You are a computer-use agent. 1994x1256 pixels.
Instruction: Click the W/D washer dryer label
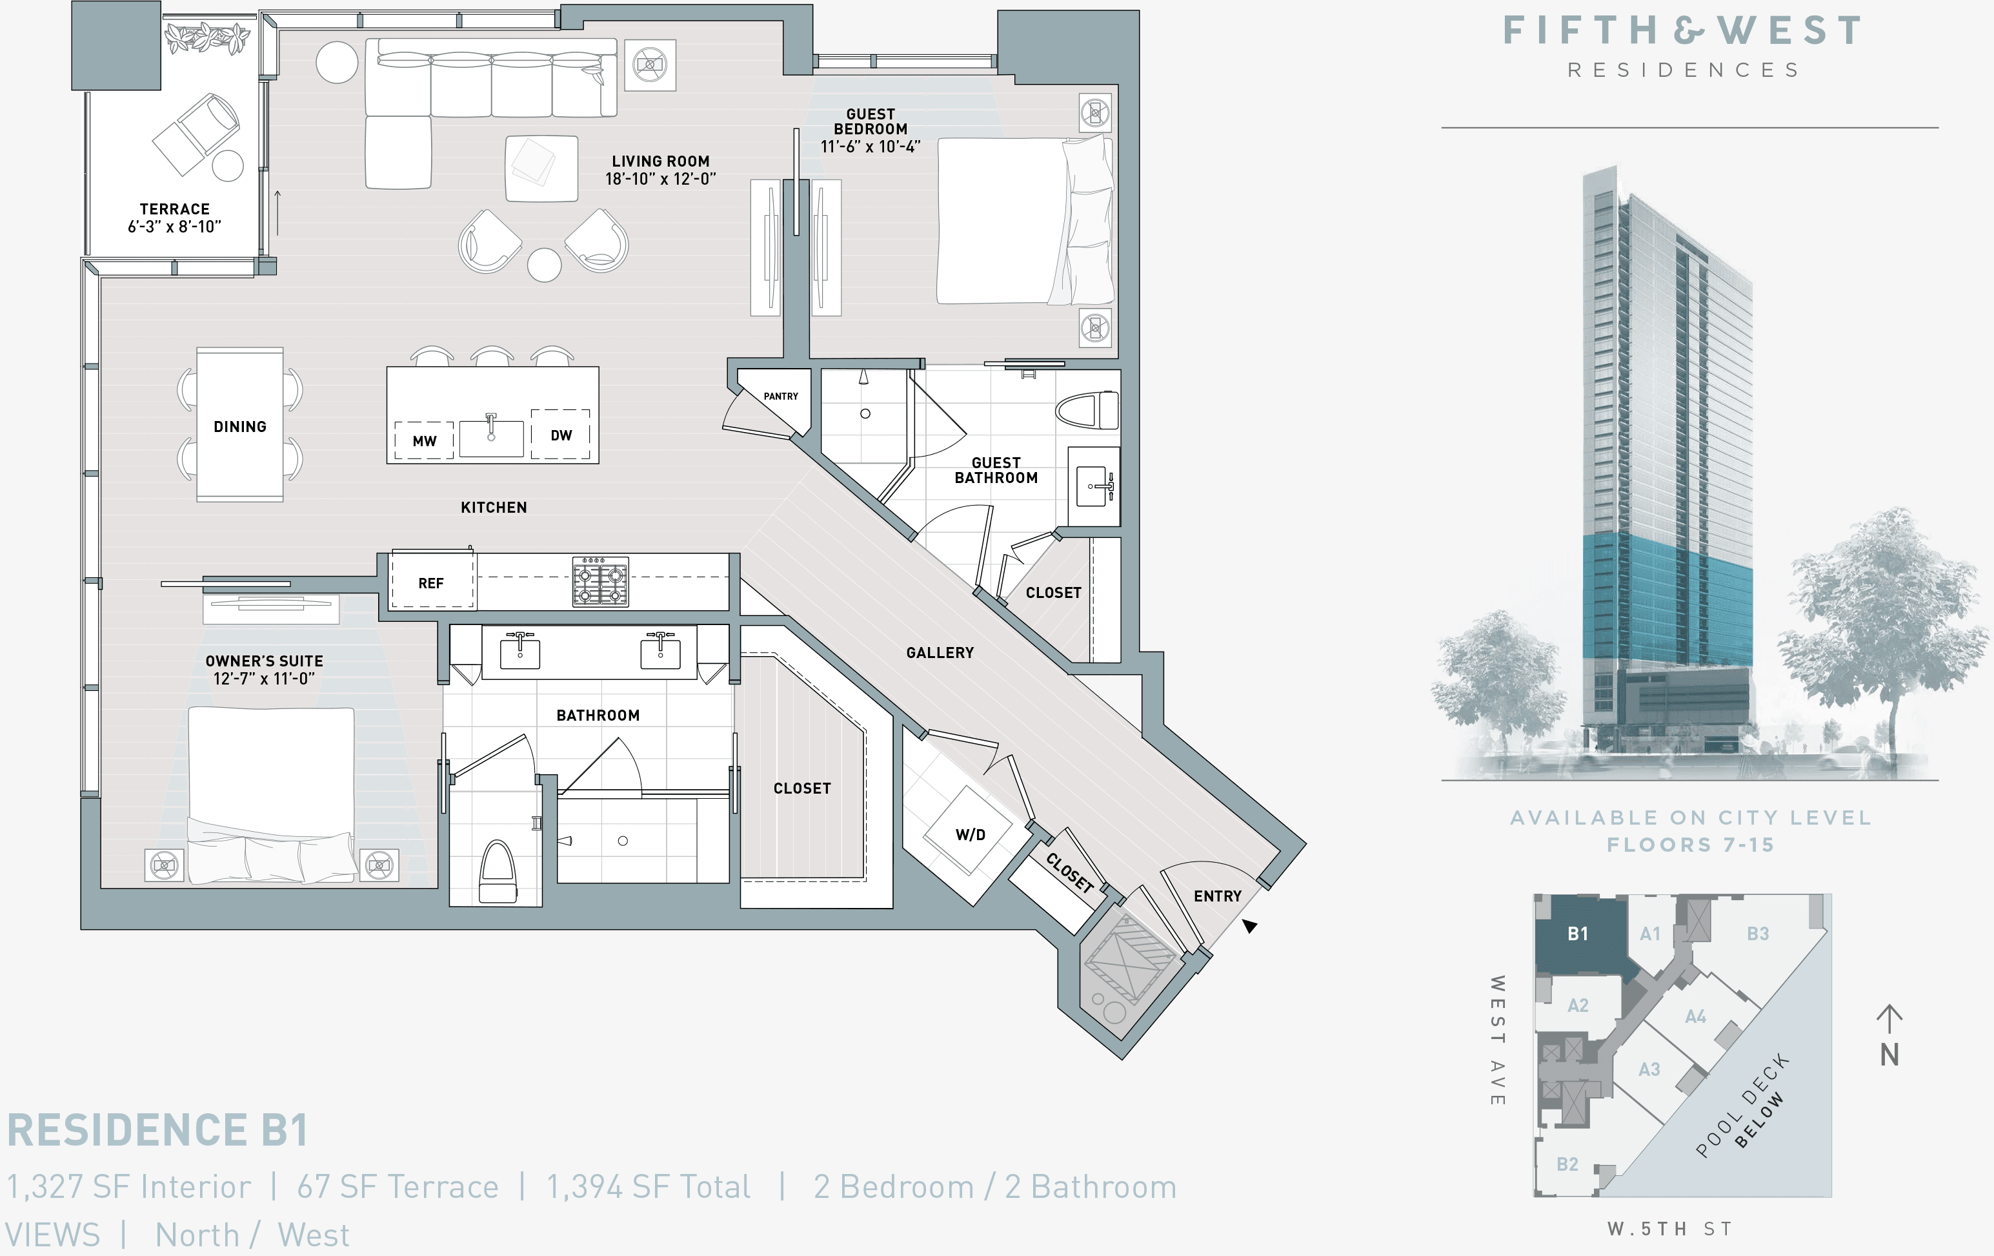click(970, 834)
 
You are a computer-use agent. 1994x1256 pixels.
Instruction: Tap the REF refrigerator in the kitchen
click(430, 582)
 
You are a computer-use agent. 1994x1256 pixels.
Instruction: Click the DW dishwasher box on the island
click(561, 435)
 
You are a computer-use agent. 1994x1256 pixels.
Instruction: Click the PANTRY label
click(780, 396)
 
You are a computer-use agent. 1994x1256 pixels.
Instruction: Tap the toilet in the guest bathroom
click(1087, 410)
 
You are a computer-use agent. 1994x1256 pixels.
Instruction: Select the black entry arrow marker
click(1249, 925)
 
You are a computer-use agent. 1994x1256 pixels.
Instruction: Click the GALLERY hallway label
click(939, 653)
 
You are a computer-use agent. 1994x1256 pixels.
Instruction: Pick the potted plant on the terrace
click(207, 38)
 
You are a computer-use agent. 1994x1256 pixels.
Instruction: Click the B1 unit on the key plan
click(1578, 934)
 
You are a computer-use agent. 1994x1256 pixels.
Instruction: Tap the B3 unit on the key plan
click(1757, 934)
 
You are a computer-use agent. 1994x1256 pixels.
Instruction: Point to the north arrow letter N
click(1889, 1055)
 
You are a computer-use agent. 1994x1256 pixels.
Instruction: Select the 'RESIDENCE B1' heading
click(157, 1130)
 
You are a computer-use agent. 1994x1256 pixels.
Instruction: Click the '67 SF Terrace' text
click(398, 1186)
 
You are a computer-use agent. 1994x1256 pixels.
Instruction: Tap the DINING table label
click(239, 427)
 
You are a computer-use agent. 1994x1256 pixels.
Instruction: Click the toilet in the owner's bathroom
click(497, 872)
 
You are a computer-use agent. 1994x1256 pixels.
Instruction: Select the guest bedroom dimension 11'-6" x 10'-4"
click(871, 147)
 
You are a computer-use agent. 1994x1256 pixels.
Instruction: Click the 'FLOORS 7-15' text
click(1690, 845)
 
